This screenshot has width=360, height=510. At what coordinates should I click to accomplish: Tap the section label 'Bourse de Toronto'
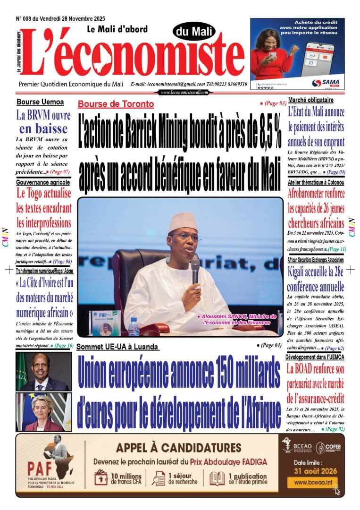click(116, 104)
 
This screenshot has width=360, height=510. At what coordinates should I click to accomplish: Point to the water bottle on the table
click(134, 326)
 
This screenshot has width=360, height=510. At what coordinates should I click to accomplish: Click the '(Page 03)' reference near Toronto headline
click(273, 103)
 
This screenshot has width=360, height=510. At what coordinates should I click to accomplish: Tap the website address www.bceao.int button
click(313, 483)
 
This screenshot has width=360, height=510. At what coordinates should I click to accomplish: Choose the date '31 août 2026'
click(313, 470)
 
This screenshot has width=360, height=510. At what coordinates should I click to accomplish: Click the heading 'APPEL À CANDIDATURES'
click(178, 448)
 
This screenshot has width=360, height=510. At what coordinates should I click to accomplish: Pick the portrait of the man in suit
click(43, 372)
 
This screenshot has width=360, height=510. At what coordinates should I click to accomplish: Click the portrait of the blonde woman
click(43, 412)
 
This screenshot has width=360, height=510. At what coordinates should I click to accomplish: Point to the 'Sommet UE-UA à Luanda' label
click(117, 347)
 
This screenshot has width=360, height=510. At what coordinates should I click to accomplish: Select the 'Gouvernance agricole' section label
click(43, 182)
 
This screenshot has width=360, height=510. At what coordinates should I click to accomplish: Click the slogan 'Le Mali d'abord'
click(117, 29)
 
